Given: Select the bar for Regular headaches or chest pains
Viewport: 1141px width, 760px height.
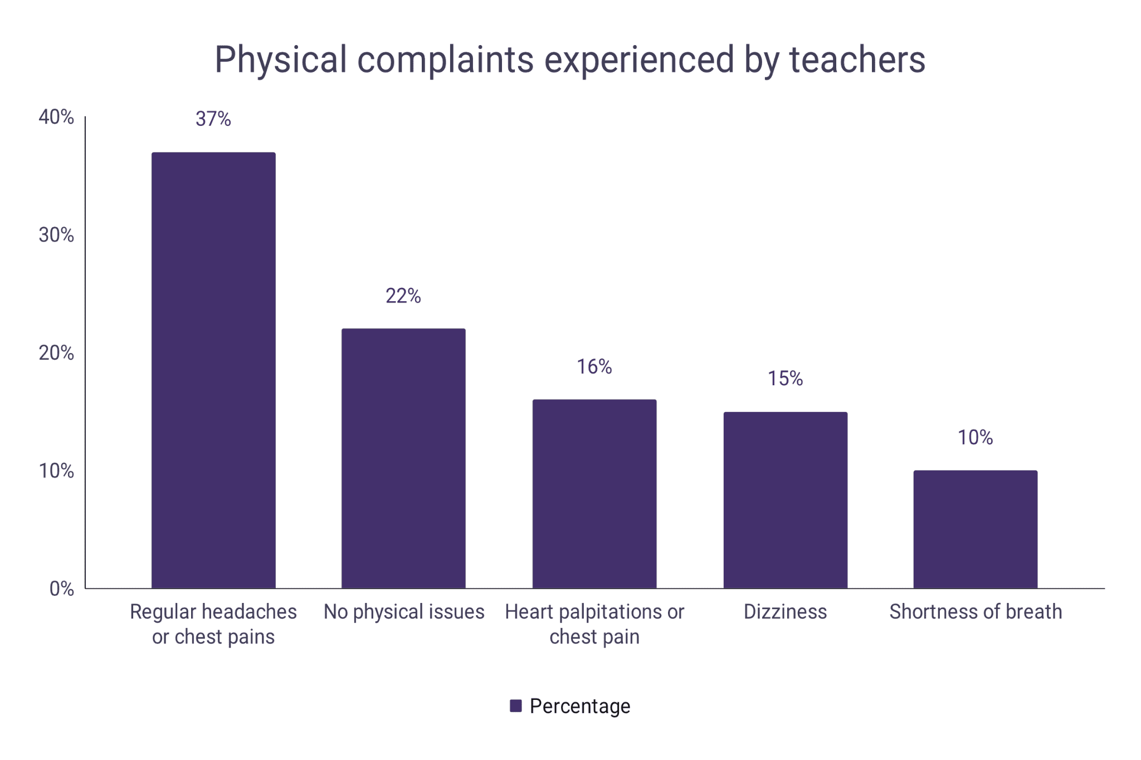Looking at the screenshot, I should pyautogui.click(x=213, y=370).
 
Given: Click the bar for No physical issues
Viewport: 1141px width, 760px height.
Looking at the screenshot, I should pyautogui.click(x=403, y=458).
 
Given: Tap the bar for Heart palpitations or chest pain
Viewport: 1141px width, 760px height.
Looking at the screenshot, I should pyautogui.click(x=594, y=494).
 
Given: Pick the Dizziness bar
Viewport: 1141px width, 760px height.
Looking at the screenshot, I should pyautogui.click(x=785, y=500).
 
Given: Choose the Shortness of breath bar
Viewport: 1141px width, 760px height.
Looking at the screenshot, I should pyautogui.click(x=975, y=529).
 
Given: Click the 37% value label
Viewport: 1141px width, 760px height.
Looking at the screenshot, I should pyautogui.click(x=213, y=119).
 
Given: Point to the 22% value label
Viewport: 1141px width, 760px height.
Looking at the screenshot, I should pyautogui.click(x=403, y=296).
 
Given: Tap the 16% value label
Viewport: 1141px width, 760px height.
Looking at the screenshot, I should pyautogui.click(x=594, y=367).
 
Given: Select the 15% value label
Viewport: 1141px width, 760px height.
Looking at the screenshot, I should pyautogui.click(x=785, y=379).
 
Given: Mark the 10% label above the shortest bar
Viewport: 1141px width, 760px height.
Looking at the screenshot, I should pyautogui.click(x=975, y=438).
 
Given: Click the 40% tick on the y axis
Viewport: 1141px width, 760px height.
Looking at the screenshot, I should pyautogui.click(x=56, y=117).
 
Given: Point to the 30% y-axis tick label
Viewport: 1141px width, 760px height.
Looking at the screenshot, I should pyautogui.click(x=56, y=236).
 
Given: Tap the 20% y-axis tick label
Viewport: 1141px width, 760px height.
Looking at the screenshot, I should pyautogui.click(x=56, y=353).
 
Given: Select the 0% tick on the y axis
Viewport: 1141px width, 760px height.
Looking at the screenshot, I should pyautogui.click(x=62, y=589).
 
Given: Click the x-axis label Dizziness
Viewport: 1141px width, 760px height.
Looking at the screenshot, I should pyautogui.click(x=785, y=612).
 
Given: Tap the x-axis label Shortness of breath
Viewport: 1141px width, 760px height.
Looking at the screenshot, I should pyautogui.click(x=975, y=612).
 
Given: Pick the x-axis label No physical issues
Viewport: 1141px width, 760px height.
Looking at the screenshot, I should pyautogui.click(x=404, y=612).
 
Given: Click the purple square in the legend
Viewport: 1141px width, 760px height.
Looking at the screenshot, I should pyautogui.click(x=516, y=706).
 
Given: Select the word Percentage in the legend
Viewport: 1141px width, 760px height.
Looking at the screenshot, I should pyautogui.click(x=580, y=706).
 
